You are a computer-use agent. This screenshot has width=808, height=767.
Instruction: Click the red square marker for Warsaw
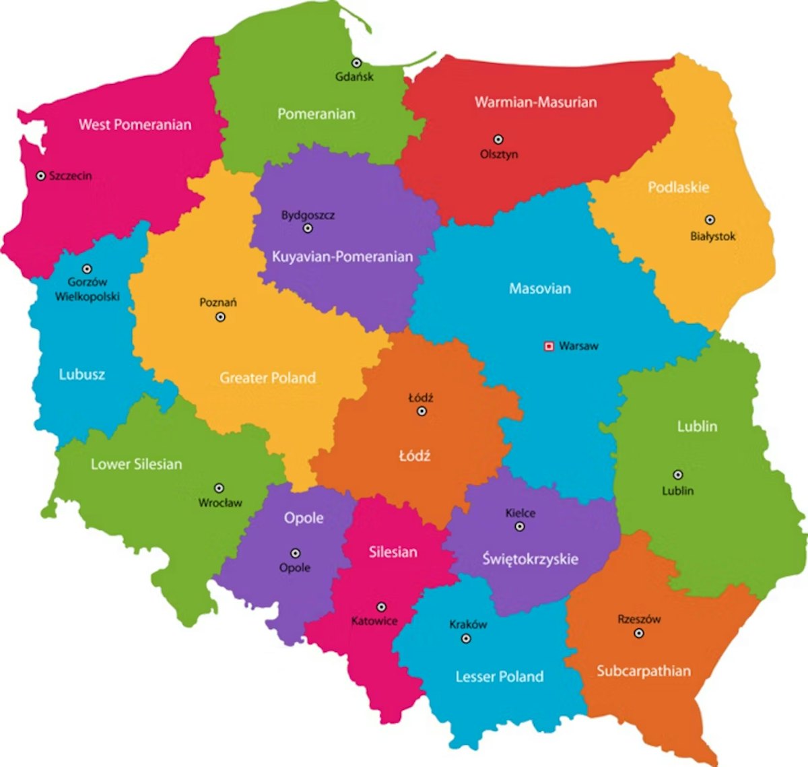point(549,346)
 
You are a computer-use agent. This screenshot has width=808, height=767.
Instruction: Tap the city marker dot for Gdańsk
point(356,63)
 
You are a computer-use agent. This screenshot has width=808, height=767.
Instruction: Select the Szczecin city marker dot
point(41,176)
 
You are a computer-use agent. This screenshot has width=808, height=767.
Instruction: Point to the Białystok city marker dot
point(710,220)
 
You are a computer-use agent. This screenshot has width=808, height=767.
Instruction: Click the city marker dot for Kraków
point(466,638)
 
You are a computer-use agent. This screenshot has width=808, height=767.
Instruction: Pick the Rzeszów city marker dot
point(639,634)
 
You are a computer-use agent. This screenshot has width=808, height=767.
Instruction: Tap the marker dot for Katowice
point(381,607)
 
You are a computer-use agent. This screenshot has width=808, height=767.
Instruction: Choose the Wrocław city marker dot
point(219,488)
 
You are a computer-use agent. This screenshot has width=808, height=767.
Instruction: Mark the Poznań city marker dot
point(220,316)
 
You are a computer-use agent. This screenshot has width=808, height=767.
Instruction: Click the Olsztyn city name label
point(499,154)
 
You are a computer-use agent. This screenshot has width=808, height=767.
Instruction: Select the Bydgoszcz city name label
point(308,215)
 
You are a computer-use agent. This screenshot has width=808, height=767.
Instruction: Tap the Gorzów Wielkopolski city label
point(88,290)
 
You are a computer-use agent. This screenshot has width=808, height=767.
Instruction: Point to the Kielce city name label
point(520,513)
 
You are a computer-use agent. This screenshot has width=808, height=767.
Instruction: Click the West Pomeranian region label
point(135,125)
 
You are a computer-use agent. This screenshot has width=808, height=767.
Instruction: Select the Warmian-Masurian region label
point(535,102)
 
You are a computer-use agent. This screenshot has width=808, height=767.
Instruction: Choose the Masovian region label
point(539,289)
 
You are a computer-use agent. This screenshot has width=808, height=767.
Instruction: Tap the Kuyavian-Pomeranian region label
point(342,257)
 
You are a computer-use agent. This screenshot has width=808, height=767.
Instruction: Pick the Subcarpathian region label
point(643,671)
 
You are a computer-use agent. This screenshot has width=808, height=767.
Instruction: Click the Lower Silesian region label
point(136,464)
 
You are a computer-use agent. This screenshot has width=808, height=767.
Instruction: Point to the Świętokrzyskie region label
point(530,559)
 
